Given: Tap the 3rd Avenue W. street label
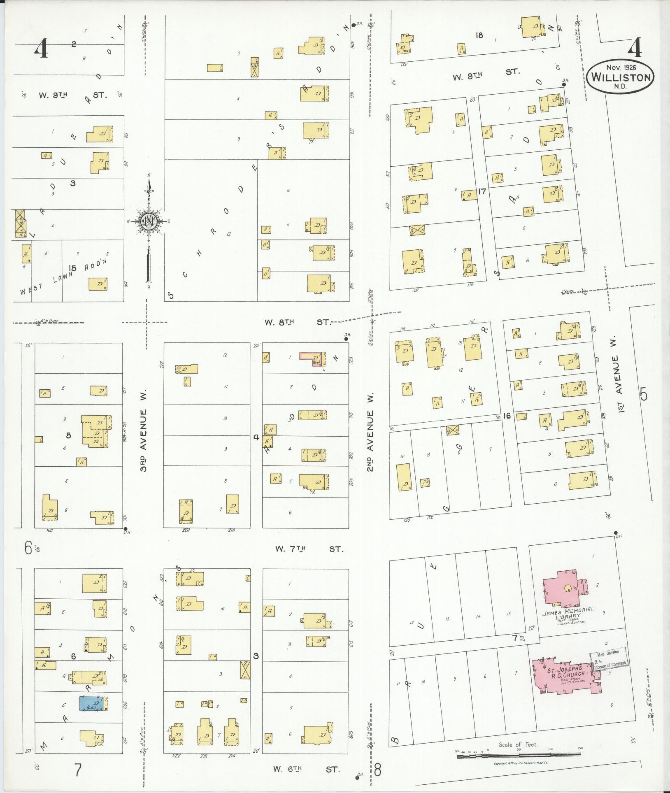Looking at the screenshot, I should click(x=144, y=432).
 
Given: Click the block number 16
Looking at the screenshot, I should click(x=507, y=416).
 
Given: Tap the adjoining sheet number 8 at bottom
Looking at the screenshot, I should click(x=378, y=769).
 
